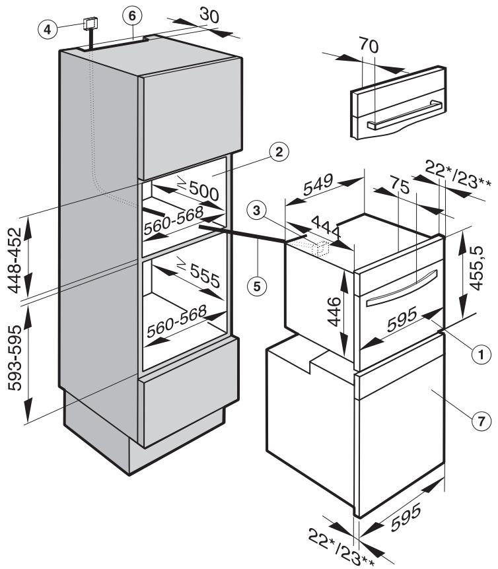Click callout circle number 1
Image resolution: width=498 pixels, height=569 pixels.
point(482,354)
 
